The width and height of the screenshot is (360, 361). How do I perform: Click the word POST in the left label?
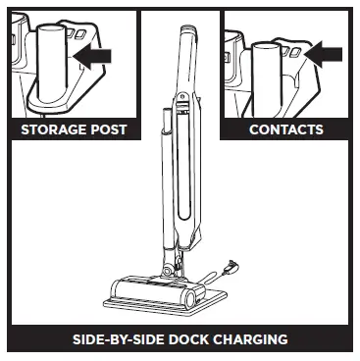106,129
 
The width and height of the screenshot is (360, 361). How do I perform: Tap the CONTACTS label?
285,129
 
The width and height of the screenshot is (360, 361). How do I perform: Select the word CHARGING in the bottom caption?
251,340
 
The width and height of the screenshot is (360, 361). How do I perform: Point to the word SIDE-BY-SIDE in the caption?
117,340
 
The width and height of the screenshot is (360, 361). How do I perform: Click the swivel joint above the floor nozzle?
172,263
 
